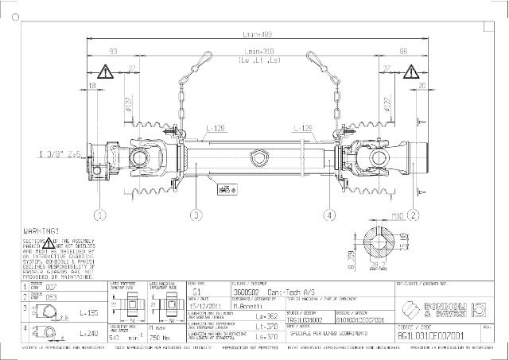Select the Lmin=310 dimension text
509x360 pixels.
[x=254, y=51]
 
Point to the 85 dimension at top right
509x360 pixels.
[x=405, y=51]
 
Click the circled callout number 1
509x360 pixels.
[x=100, y=215]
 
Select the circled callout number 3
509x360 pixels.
[x=194, y=215]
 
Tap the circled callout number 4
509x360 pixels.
[x=329, y=215]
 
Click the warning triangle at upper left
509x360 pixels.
[x=105, y=70]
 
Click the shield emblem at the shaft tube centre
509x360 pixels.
[x=256, y=161]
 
